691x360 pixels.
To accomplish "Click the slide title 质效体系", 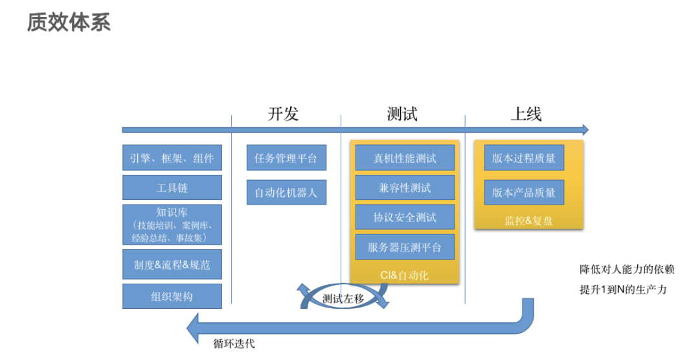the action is coord(69,22).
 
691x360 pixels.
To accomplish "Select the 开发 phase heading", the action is coord(284,114).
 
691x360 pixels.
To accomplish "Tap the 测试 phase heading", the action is coord(402,114).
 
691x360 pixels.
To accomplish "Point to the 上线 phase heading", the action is coord(526,114).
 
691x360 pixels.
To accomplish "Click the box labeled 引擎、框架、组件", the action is coord(172,158).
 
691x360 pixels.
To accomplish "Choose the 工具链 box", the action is coord(172,188).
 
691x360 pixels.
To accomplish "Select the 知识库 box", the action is coord(172,225).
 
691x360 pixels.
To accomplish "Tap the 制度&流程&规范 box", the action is coord(172,264).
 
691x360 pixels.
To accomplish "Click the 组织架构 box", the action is coord(172,296).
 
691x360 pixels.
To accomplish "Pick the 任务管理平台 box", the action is coord(286,158).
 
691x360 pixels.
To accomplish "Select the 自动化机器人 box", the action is coord(286,192).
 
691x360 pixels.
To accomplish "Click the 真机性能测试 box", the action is coord(405,158).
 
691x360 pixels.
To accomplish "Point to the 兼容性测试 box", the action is coord(405,188).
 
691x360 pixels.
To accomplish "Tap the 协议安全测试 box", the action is coord(405,217).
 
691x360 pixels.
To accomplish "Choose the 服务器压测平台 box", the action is coord(405,247).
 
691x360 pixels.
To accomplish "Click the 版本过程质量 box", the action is coord(524,158).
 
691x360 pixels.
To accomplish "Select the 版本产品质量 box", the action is coord(524,192).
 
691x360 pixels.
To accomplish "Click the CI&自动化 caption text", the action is coord(404,275).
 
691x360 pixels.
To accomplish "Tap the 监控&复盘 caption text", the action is coord(528,221).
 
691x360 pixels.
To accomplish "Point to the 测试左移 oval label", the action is coord(343,298).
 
